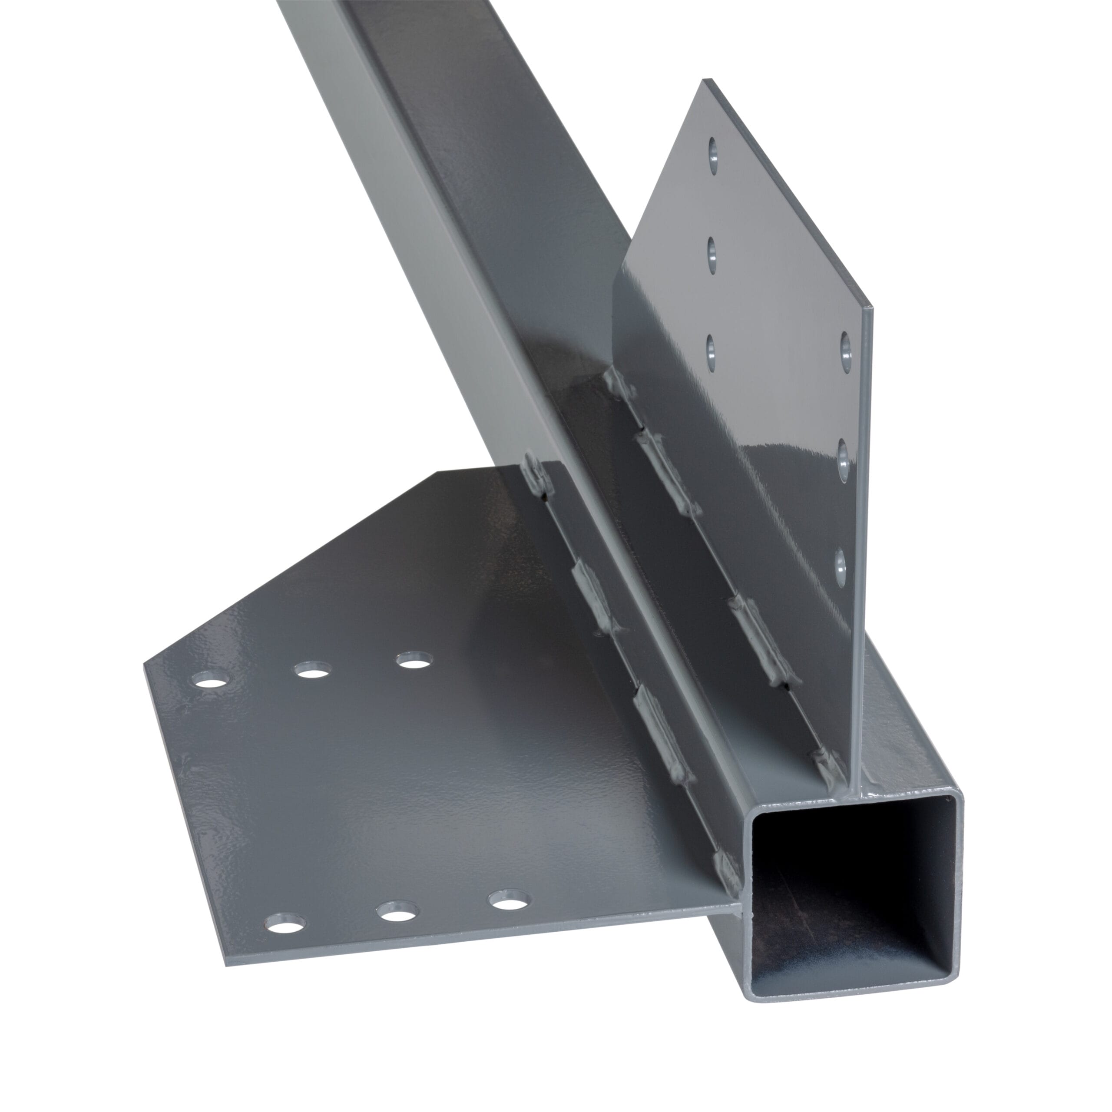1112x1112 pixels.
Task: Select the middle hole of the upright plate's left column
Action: tap(712, 257)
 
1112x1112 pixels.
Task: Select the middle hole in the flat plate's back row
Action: tap(313, 670)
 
